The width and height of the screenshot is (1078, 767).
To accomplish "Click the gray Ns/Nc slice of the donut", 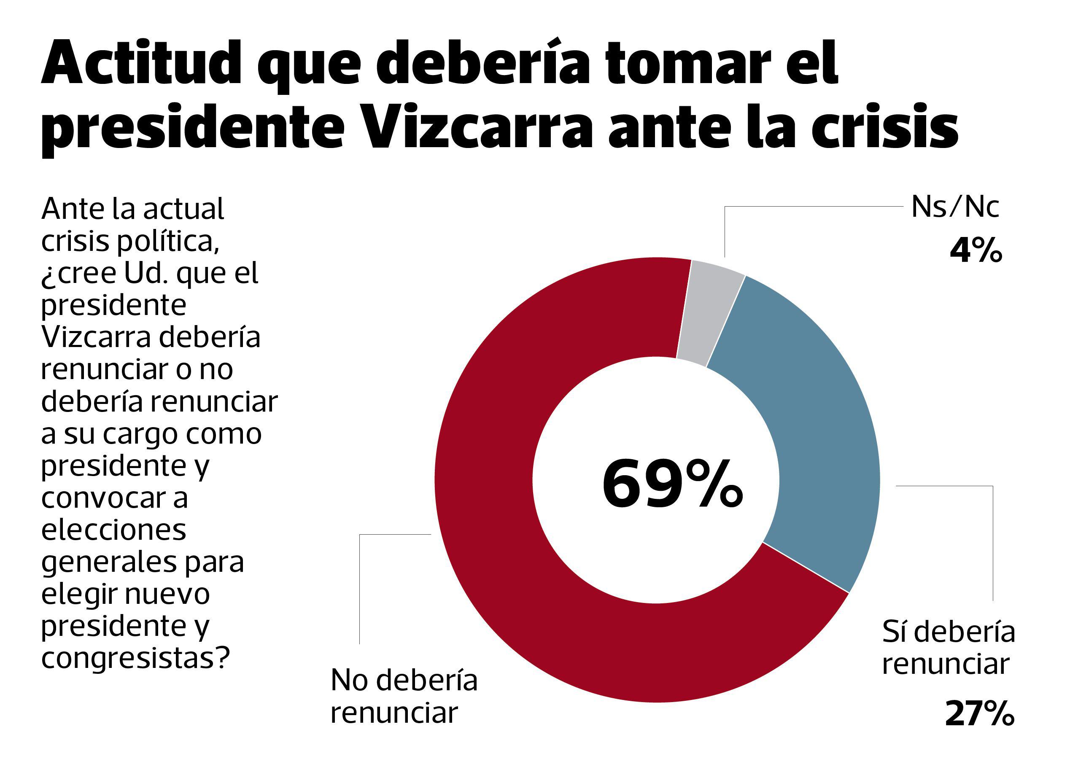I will [711, 312].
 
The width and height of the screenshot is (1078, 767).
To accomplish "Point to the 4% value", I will [976, 251].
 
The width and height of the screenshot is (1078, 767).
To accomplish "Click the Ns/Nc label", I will [955, 207].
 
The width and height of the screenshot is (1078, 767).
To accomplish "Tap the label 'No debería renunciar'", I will [404, 696].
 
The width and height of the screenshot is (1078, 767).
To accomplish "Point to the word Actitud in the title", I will [141, 64].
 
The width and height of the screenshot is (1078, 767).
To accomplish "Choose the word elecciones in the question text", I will [114, 530].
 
